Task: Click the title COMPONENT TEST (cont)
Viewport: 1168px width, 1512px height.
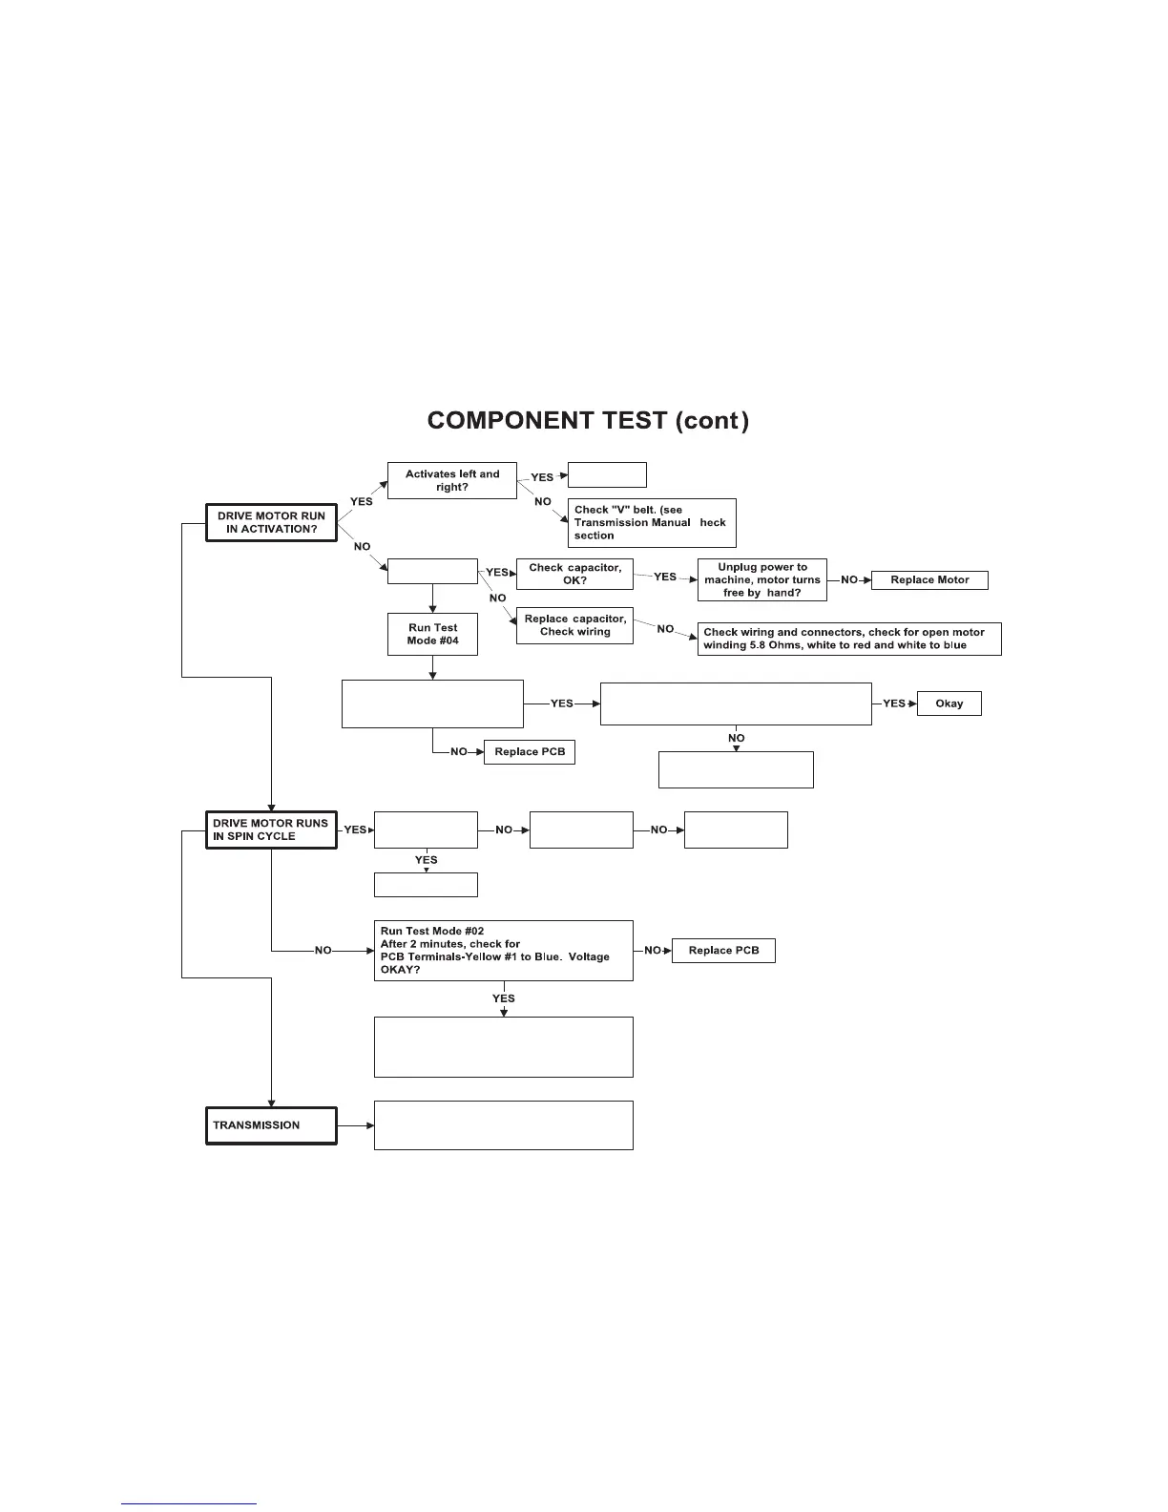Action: click(x=588, y=421)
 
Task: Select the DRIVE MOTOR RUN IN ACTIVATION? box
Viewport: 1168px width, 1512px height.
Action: click(x=271, y=523)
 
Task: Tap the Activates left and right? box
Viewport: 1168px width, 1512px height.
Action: click(x=452, y=480)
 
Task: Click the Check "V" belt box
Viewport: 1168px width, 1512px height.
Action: click(x=652, y=523)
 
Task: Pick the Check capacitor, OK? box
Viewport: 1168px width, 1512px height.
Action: click(x=574, y=574)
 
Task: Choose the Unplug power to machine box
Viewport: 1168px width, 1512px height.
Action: click(x=761, y=580)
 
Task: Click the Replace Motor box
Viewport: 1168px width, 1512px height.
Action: click(x=929, y=579)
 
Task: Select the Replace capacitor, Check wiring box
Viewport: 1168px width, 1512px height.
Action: click(x=574, y=625)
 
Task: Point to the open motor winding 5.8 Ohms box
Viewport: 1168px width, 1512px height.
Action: click(x=849, y=639)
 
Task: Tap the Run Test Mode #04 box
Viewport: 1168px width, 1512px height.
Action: click(x=433, y=634)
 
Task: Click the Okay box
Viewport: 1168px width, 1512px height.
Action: click(x=949, y=703)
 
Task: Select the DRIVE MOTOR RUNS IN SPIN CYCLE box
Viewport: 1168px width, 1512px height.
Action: click(x=271, y=829)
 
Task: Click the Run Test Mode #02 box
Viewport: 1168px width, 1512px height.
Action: click(x=503, y=950)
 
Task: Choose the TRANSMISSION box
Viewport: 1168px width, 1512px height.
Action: click(x=271, y=1125)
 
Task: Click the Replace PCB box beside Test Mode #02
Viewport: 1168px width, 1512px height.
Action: click(x=723, y=951)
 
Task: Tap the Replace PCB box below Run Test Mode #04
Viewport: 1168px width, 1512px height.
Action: click(x=530, y=752)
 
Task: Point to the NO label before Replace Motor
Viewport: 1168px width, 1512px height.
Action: click(x=848, y=580)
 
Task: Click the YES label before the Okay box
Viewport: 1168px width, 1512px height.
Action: click(x=893, y=703)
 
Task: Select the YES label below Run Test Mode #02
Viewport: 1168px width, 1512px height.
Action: click(x=503, y=998)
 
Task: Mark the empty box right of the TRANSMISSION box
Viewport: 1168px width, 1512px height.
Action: click(x=503, y=1125)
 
